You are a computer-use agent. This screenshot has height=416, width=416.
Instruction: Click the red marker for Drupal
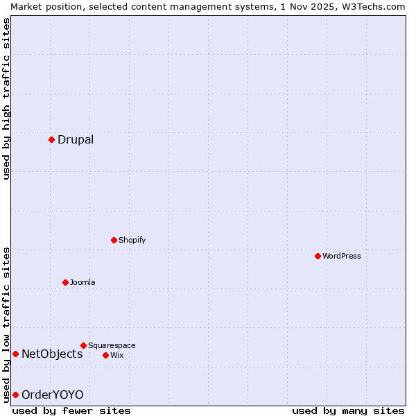(51, 139)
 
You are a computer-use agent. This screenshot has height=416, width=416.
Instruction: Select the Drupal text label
(76, 140)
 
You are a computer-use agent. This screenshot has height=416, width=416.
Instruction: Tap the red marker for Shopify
(114, 240)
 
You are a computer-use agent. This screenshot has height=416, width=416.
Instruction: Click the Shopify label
(132, 241)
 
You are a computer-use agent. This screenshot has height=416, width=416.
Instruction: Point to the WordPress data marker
(318, 256)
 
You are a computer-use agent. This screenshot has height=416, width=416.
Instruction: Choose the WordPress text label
(341, 257)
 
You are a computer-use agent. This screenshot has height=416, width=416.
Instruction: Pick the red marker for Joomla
(65, 282)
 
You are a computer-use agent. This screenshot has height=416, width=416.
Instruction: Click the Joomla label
(83, 283)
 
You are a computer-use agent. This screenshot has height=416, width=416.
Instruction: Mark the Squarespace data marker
(83, 345)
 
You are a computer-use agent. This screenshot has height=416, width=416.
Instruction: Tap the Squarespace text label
(112, 346)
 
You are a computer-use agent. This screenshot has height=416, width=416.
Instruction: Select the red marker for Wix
(105, 355)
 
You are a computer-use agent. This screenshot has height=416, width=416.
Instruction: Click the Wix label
(117, 356)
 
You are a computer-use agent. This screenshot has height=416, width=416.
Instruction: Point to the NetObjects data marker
(15, 354)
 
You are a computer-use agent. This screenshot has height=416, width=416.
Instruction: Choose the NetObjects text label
(52, 354)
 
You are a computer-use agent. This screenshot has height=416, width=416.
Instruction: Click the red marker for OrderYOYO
(15, 395)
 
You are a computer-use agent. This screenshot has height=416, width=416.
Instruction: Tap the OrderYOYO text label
(52, 395)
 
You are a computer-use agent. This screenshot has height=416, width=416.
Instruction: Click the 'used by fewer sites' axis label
(71, 410)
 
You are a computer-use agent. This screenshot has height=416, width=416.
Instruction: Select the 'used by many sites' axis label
(348, 410)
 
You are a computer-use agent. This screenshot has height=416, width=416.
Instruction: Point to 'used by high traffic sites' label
(6, 98)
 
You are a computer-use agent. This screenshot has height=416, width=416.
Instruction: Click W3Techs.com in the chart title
(373, 6)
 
